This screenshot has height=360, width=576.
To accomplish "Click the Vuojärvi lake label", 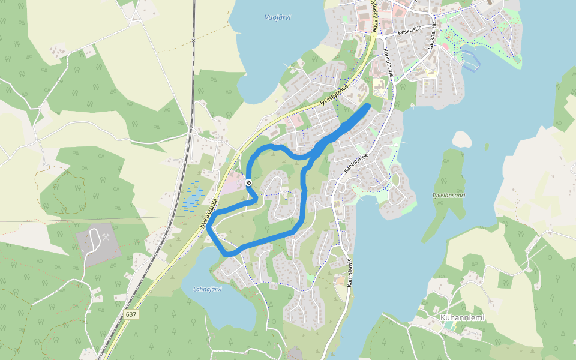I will (277, 17).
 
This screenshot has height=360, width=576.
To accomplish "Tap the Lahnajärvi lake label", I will (208, 289).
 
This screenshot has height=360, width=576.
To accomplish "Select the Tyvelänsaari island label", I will (449, 196).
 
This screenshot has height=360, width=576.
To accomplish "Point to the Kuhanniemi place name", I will (462, 317).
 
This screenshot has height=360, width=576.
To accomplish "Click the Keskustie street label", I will (410, 29).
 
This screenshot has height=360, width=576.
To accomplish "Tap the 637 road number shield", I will (132, 314).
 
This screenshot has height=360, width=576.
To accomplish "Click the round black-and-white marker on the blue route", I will (248, 182).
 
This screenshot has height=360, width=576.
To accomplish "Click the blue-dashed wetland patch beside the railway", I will (193, 196).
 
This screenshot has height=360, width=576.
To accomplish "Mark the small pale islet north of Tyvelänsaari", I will (461, 139).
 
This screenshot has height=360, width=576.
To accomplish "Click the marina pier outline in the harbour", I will (472, 60).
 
